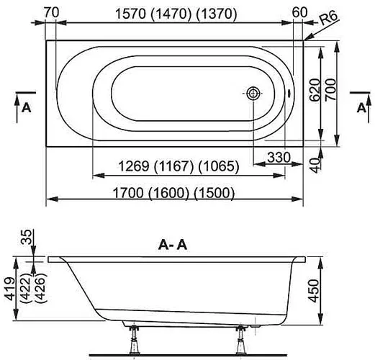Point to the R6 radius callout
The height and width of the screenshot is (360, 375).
coord(332,22)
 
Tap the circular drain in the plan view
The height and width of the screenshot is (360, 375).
coord(253,94)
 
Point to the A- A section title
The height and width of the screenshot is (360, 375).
coord(173,245)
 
